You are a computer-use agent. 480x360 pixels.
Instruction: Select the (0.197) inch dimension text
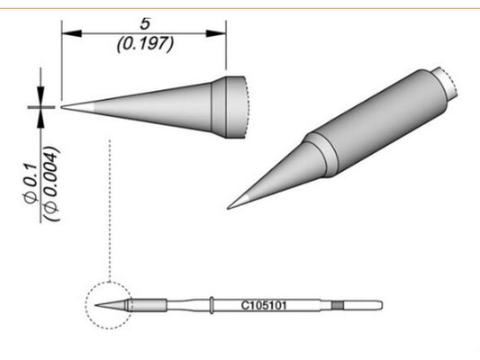[143, 42]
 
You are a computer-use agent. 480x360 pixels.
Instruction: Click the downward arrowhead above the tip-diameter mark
[41, 98]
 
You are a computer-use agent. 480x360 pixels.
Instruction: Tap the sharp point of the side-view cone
[63, 106]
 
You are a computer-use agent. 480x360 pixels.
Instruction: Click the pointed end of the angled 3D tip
[229, 208]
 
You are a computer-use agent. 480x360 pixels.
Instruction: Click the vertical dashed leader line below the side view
[109, 207]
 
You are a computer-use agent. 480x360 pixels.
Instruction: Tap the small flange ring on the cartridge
[210, 304]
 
